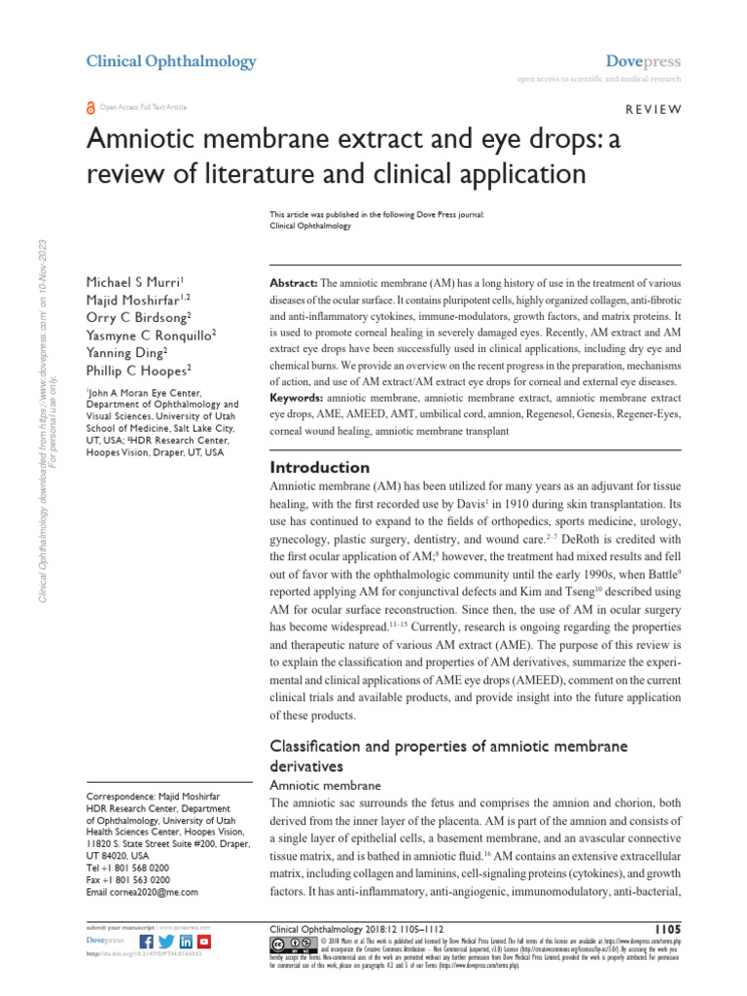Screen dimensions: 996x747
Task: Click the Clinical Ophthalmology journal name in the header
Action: (171, 61)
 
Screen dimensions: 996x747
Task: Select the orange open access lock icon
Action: (92, 107)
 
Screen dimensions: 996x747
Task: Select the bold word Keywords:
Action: (296, 400)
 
